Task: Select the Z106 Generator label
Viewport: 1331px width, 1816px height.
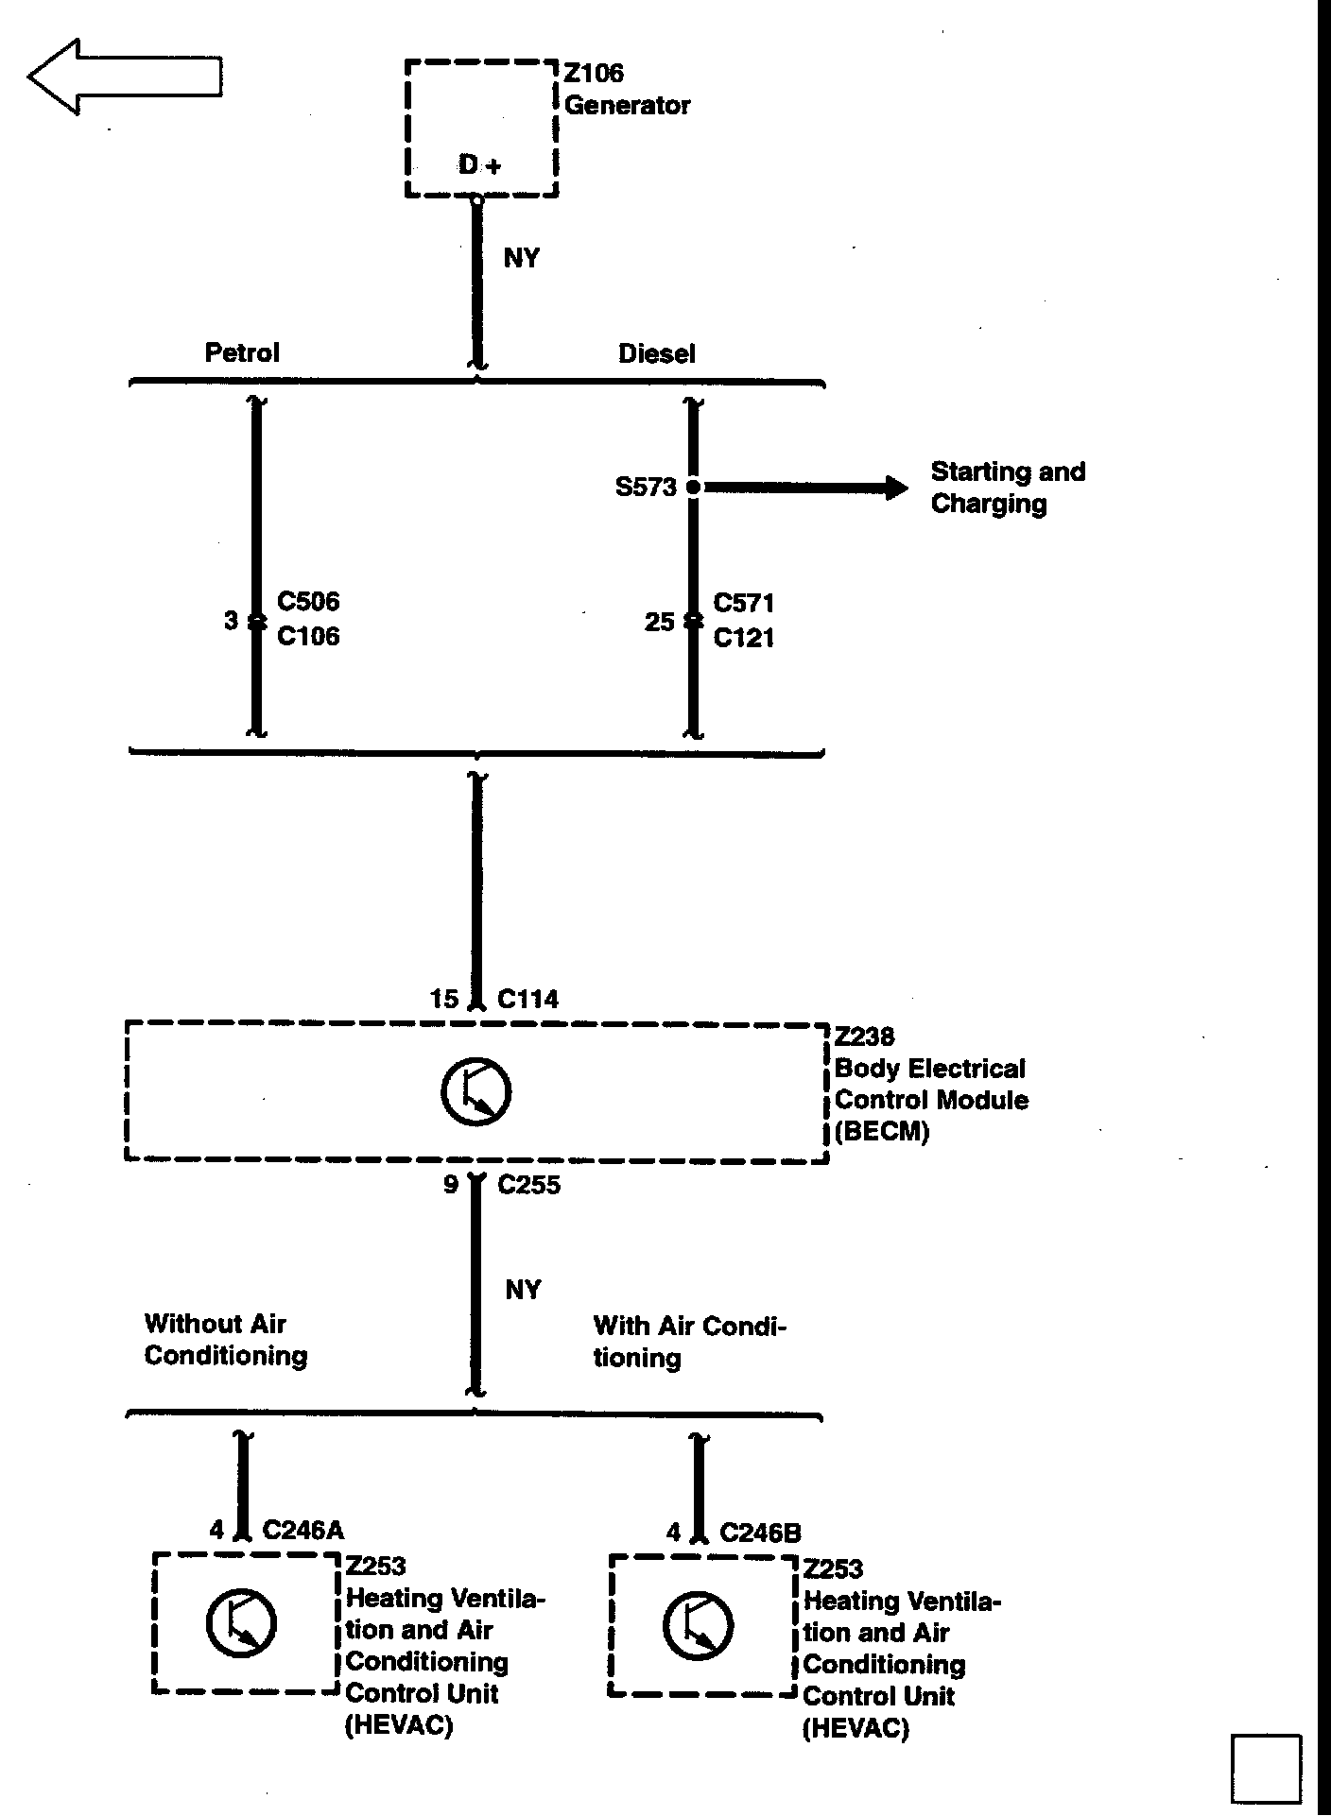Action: (x=627, y=89)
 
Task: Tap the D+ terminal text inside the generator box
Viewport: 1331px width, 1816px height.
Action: (x=479, y=165)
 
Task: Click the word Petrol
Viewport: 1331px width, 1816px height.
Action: (x=242, y=352)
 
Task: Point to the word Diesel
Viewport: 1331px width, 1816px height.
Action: (x=656, y=353)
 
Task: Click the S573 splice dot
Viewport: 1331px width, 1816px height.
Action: (x=693, y=488)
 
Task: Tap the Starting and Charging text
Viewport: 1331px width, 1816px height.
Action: (x=1007, y=487)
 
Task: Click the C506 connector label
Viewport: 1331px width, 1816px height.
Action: (x=308, y=602)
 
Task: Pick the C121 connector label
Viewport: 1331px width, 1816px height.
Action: (x=744, y=638)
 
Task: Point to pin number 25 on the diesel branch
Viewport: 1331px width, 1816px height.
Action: (x=659, y=622)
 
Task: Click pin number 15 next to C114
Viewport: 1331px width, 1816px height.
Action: (x=443, y=999)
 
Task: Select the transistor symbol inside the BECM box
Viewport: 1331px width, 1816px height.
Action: (x=475, y=1092)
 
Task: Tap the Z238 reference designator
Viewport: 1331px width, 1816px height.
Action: (x=864, y=1036)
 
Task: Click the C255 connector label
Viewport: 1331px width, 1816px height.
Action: (x=528, y=1185)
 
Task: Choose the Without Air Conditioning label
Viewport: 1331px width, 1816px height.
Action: (x=226, y=1340)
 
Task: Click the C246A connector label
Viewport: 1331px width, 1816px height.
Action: (x=302, y=1530)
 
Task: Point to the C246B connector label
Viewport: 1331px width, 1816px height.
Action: (x=760, y=1533)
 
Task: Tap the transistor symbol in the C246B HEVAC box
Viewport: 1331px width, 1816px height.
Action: (x=698, y=1626)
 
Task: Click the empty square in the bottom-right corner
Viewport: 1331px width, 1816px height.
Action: (x=1266, y=1769)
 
